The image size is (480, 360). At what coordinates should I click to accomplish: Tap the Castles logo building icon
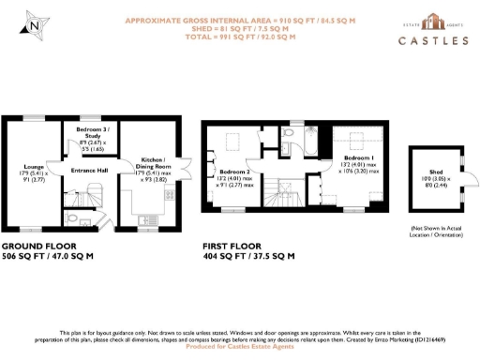[433, 22]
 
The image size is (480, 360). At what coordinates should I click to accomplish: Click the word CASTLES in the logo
[432, 41]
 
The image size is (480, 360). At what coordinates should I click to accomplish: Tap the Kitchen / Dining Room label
[153, 165]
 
